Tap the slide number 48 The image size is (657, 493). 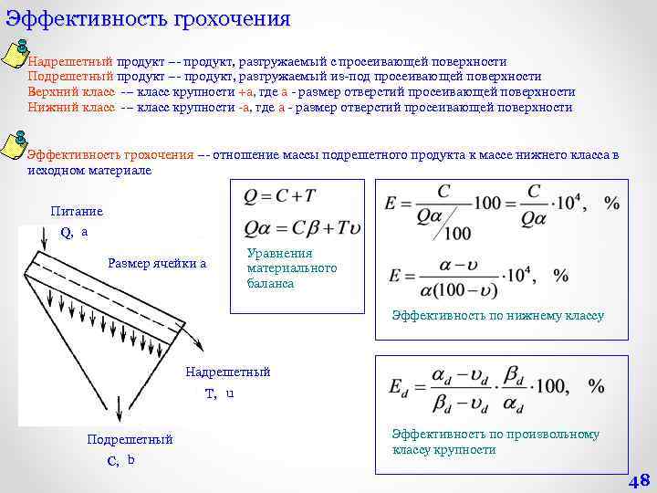point(638,481)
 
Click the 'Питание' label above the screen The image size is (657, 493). point(77,211)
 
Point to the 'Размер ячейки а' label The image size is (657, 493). point(157,264)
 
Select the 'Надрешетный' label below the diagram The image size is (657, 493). point(228,372)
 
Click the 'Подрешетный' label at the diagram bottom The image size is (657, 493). point(130,439)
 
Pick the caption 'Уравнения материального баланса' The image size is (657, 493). point(292,267)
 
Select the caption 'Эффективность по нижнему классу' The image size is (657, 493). point(498,316)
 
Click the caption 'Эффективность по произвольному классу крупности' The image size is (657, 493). point(495,442)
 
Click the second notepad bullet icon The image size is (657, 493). point(16,144)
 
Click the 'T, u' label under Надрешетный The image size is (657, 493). point(220,393)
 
